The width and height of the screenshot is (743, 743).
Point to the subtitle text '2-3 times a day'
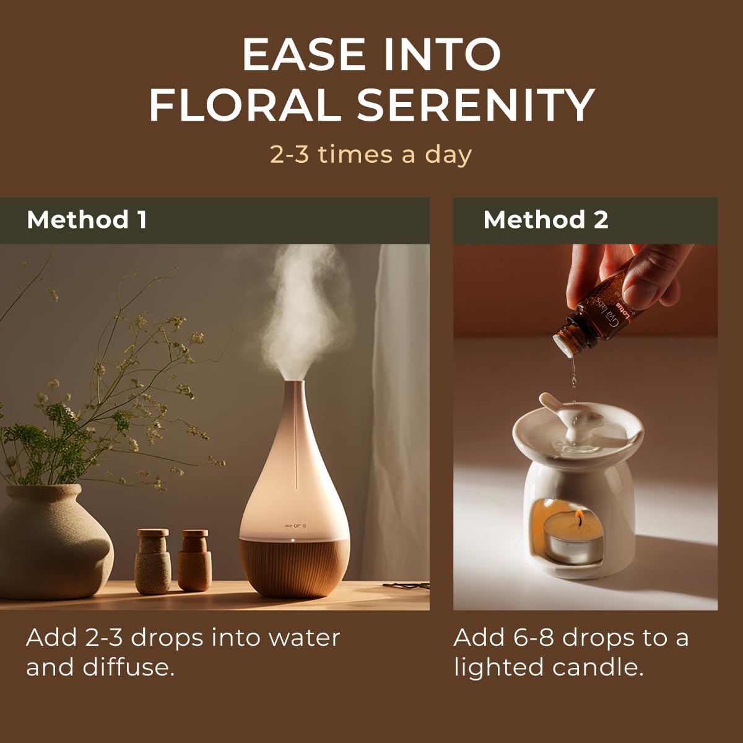tap(371, 154)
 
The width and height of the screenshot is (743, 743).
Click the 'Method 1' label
tap(87, 220)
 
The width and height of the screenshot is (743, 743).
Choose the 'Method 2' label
tap(545, 220)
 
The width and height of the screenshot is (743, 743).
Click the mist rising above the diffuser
tap(303, 310)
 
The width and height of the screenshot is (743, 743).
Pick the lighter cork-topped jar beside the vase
tap(152, 560)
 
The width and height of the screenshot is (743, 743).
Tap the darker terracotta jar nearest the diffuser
tap(194, 560)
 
